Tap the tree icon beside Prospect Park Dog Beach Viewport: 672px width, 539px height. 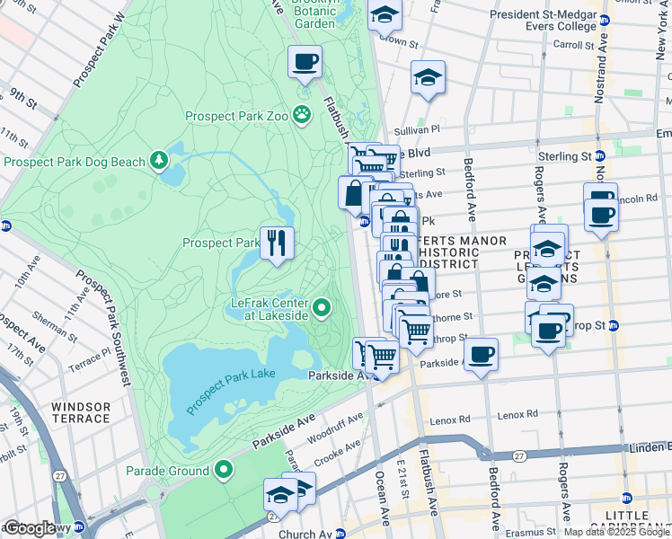click(159, 161)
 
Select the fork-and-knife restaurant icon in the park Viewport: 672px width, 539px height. click(277, 242)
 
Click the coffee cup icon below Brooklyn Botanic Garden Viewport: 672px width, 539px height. click(305, 62)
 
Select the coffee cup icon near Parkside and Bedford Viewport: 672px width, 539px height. click(481, 353)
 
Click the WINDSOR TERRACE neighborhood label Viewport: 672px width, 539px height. click(81, 413)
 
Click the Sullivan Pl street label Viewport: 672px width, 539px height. click(420, 129)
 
